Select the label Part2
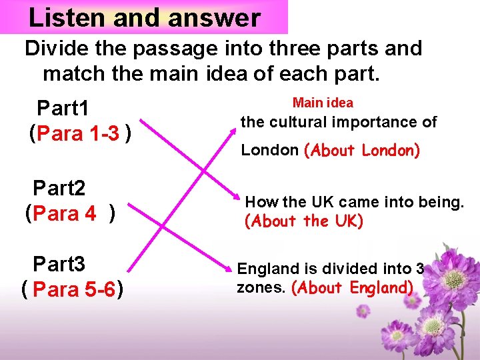click(x=59, y=189)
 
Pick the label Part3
click(x=59, y=265)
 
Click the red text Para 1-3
click(x=79, y=134)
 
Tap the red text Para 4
click(x=64, y=215)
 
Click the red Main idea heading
click(x=323, y=103)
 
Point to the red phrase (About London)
click(x=362, y=151)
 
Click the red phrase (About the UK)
click(x=304, y=221)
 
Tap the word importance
click(x=379, y=123)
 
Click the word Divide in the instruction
click(x=55, y=49)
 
